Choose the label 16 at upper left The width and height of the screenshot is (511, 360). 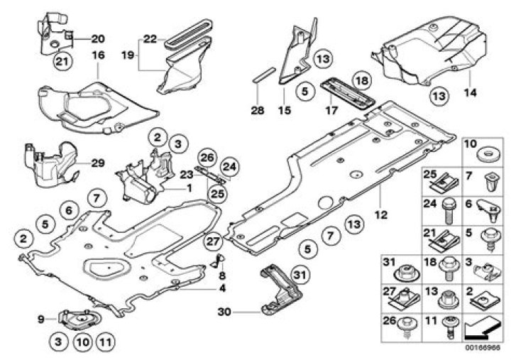[97, 54]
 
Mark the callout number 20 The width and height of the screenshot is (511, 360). [97, 38]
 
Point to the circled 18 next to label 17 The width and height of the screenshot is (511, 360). [361, 81]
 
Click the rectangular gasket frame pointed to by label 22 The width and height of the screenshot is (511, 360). [187, 32]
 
